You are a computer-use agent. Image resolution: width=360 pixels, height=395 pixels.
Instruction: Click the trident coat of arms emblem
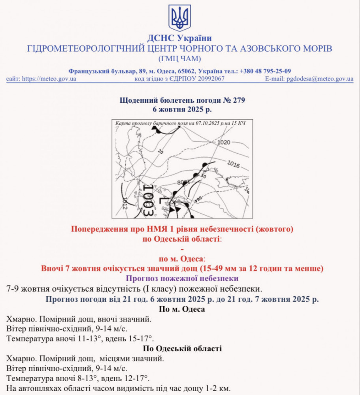(180, 18)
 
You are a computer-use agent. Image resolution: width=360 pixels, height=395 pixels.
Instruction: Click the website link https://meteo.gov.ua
(49, 79)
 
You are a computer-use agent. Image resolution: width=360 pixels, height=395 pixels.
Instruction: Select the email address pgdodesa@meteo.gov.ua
(320, 79)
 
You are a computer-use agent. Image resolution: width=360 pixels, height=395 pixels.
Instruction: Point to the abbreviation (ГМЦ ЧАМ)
(180, 59)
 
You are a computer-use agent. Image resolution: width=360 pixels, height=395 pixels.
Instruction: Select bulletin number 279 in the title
(239, 100)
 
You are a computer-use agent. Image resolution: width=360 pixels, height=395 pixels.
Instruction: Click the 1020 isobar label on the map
(224, 142)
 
